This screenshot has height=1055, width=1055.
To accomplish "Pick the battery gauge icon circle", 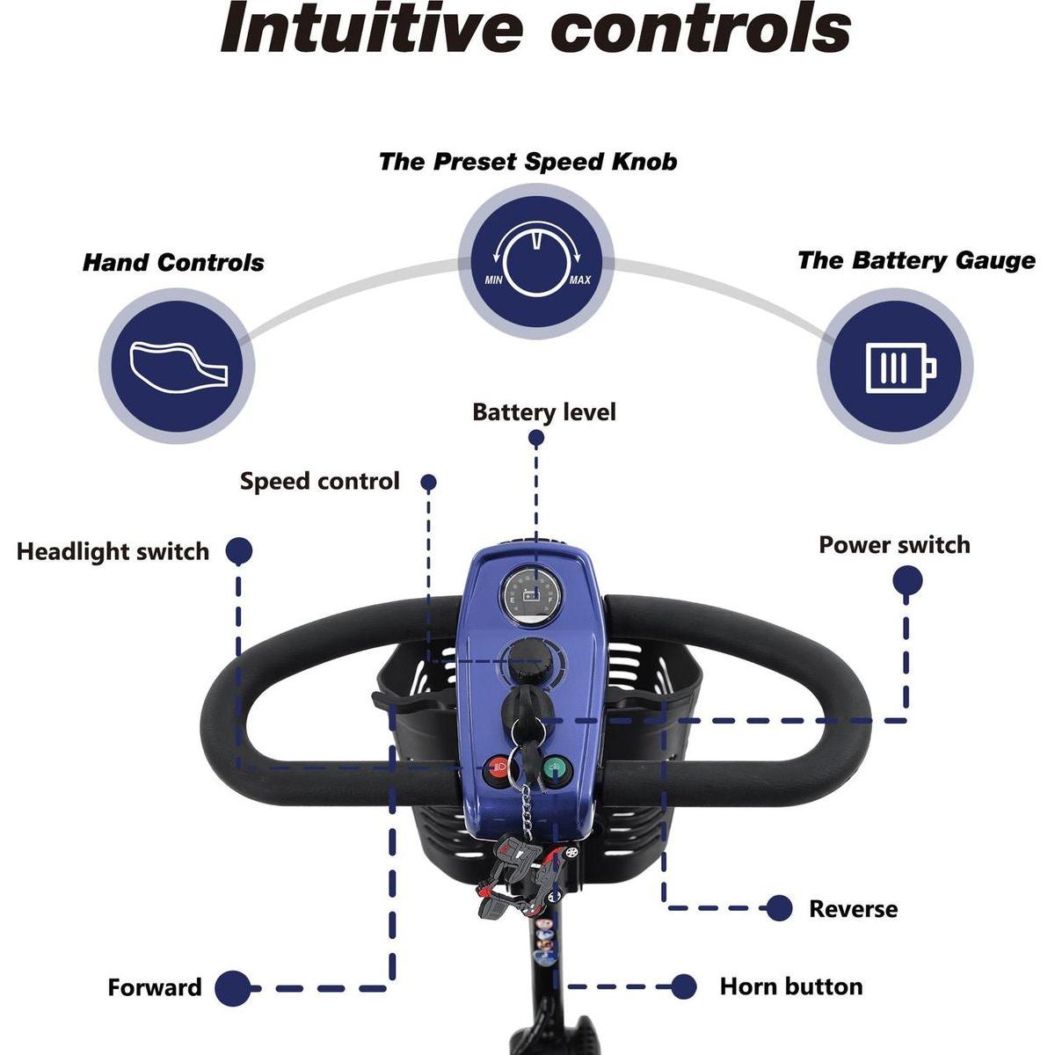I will pos(895,366).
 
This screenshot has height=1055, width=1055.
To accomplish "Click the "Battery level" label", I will pos(544,412).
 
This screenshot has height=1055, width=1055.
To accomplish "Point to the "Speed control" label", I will pos(319,482).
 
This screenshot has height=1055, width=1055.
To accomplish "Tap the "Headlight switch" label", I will pos(113,552).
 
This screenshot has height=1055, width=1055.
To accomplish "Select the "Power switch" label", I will pos(894,545).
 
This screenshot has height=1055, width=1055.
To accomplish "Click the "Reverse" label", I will pos(853,909).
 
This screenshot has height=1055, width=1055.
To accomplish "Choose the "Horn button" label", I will pos(790,986).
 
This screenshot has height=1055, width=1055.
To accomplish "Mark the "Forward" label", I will pos(155,987).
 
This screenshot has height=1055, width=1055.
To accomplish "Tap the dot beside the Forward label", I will pos(232,988).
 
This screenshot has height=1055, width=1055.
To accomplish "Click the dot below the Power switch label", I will pos(907,581).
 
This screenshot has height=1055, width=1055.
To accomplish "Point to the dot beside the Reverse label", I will pos(778,909).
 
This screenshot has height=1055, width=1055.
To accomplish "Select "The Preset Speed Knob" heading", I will pos(527,162).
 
